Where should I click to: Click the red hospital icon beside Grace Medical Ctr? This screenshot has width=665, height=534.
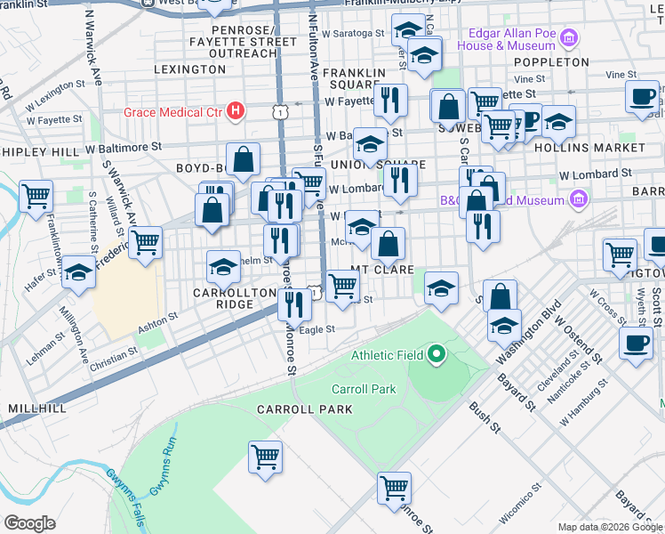[x=236, y=111]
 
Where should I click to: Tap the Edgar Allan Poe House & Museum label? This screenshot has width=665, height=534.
[x=508, y=38]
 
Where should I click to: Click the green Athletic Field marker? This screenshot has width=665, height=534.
[x=436, y=355]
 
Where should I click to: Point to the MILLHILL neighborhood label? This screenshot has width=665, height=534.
[x=36, y=407]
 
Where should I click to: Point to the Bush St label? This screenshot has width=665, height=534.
[x=485, y=417]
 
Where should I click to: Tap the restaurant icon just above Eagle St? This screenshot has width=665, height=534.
[x=294, y=304]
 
